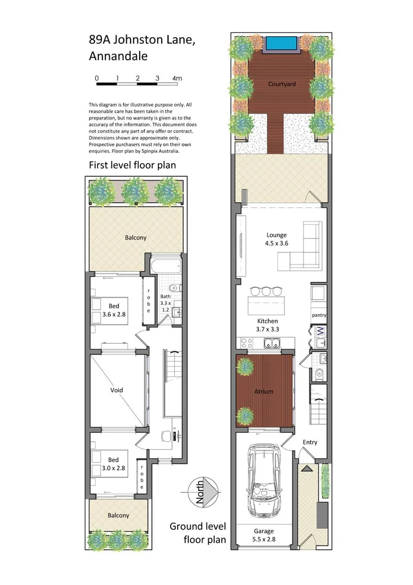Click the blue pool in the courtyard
(x=281, y=43)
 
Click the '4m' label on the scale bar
(x=177, y=78)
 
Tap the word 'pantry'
(x=319, y=315)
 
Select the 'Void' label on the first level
(x=117, y=390)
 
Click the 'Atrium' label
(x=264, y=391)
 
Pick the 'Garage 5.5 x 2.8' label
(x=264, y=535)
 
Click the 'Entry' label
(x=310, y=442)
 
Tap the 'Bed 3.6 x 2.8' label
(x=114, y=310)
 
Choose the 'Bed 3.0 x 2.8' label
(x=114, y=464)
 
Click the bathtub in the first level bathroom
(x=166, y=264)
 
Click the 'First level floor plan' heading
(x=132, y=165)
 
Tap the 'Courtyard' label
(x=282, y=85)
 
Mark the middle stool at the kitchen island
(x=266, y=292)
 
